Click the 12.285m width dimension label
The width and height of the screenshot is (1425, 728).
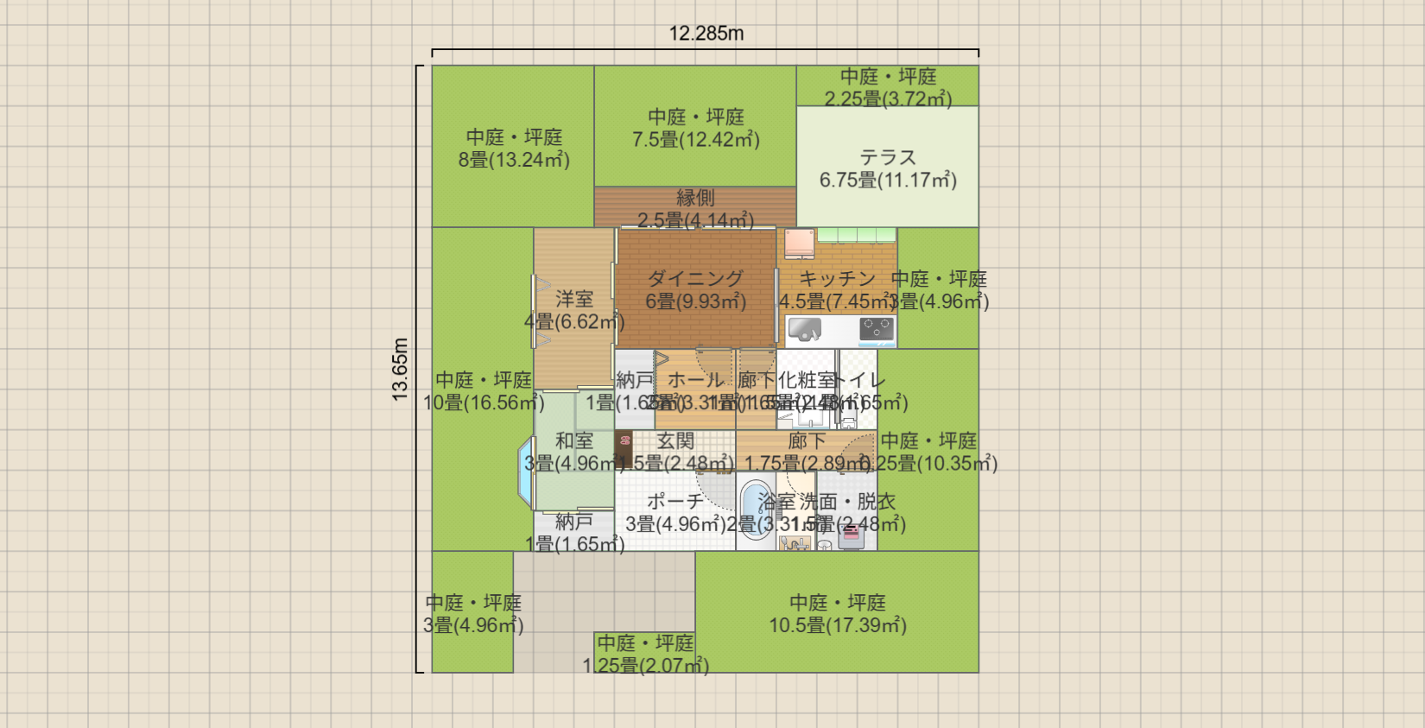point(706,34)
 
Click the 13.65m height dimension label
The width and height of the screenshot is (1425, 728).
point(400,369)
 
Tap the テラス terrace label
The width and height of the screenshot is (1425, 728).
point(887,157)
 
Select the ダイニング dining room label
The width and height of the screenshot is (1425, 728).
point(695,278)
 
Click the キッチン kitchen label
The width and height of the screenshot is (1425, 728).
point(836,278)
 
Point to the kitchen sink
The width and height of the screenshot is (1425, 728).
point(805,330)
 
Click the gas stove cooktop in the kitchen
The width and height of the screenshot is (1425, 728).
point(876,329)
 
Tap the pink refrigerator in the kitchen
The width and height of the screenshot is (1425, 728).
point(799,243)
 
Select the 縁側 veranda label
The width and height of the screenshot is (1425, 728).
point(695,198)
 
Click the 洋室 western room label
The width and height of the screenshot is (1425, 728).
point(574,299)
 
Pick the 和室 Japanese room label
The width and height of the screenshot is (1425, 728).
point(574,440)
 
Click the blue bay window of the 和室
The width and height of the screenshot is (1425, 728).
point(525,471)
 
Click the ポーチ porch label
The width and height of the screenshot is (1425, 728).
point(674,501)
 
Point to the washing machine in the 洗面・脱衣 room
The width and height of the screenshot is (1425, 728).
point(851,536)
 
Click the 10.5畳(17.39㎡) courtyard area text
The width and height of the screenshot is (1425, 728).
point(838,625)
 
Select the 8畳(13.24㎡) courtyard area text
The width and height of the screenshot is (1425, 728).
point(514,160)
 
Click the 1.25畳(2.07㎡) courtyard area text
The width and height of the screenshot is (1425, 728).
point(646,666)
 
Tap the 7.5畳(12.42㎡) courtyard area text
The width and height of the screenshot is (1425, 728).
point(695,140)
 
